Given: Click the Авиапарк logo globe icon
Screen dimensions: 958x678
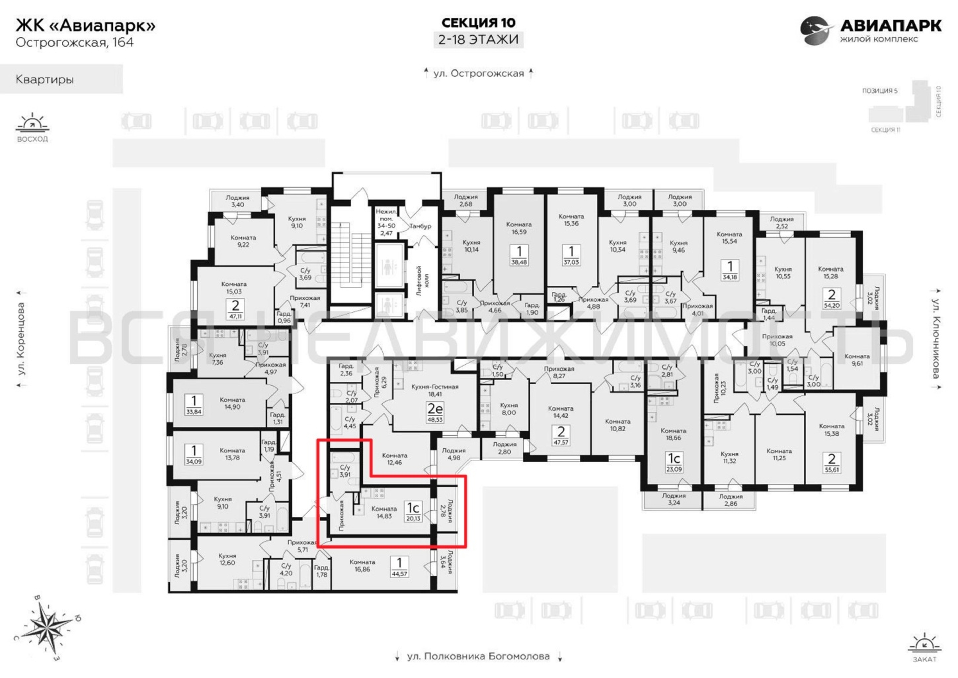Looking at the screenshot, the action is pyautogui.click(x=814, y=31).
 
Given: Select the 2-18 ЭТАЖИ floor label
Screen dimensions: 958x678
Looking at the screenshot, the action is pyautogui.click(x=478, y=40).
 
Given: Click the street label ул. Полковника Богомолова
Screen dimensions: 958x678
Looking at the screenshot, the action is pyautogui.click(x=478, y=656).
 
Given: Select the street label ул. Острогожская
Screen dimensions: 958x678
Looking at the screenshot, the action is pyautogui.click(x=479, y=74).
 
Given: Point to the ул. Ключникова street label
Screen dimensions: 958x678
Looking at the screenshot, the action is pyautogui.click(x=936, y=338).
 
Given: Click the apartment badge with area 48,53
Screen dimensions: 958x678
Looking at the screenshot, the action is pyautogui.click(x=434, y=412).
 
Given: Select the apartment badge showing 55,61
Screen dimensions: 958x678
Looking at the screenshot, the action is pyautogui.click(x=832, y=463).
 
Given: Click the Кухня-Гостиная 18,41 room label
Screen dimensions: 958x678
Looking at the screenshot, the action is pyautogui.click(x=435, y=390).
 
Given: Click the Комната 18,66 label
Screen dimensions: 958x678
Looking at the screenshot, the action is pyautogui.click(x=673, y=434).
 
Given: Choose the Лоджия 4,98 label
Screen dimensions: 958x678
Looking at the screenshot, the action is pyautogui.click(x=454, y=454).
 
